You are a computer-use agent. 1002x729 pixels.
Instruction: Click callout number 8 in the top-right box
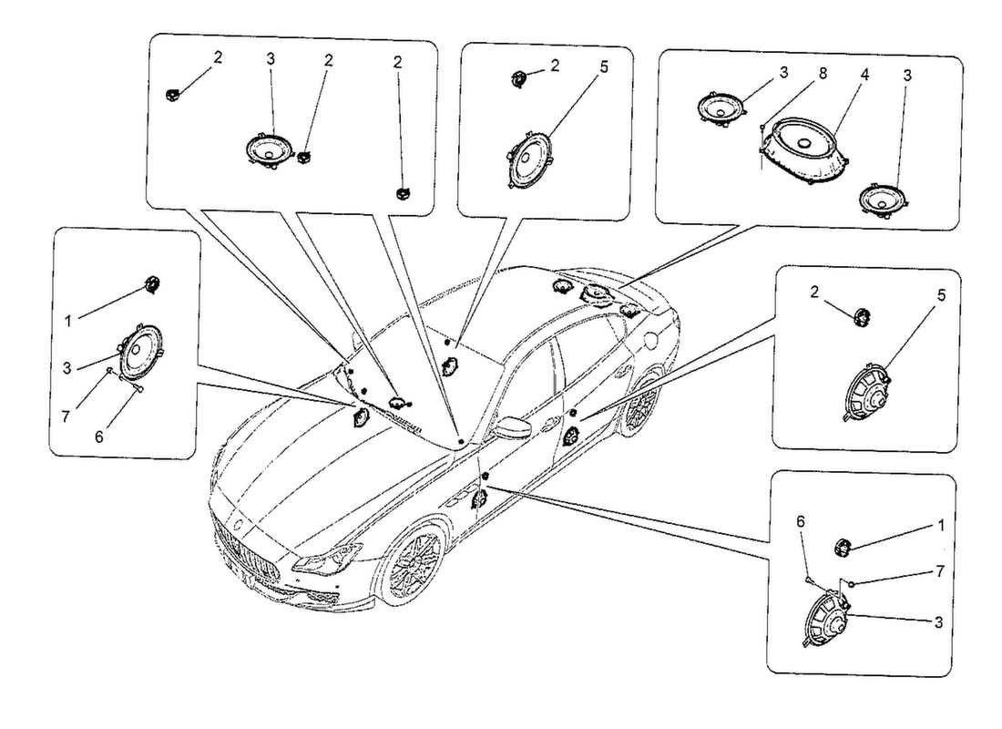point(822,74)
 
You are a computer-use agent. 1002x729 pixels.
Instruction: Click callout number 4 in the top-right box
point(864,74)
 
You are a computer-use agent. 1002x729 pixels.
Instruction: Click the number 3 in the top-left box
point(270,58)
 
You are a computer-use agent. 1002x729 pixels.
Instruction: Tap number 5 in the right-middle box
point(942,295)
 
